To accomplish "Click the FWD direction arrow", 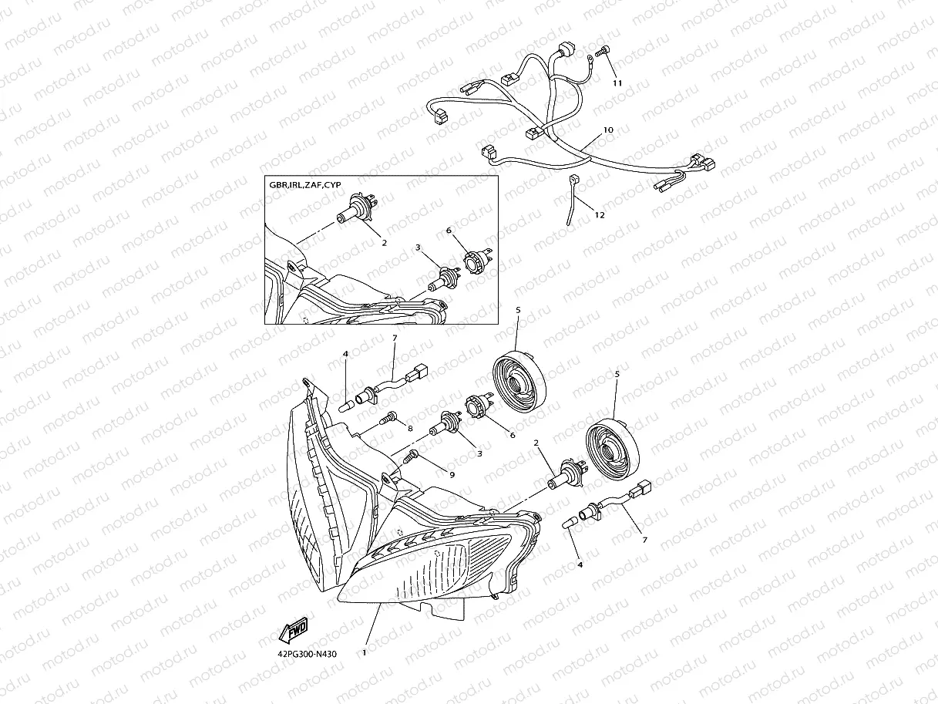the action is click(293, 630).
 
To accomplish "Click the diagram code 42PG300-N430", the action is click(307, 654).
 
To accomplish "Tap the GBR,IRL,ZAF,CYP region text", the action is click(305, 185).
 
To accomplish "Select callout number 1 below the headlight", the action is click(364, 652).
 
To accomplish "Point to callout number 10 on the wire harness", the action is click(608, 130).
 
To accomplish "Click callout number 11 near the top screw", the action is click(617, 83).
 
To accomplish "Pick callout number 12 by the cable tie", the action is click(600, 215).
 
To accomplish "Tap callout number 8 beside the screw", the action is click(410, 428).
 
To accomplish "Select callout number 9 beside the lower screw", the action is click(452, 474).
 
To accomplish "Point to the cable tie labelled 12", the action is click(572, 199).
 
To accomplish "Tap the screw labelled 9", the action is click(412, 456).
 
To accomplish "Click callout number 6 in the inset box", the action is click(449, 231).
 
